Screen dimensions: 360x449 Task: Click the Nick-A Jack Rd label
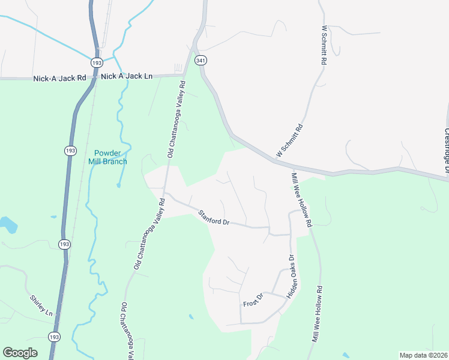click(x=59, y=78)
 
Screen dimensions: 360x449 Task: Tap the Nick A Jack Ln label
click(x=127, y=76)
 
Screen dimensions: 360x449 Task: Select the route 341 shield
click(x=201, y=60)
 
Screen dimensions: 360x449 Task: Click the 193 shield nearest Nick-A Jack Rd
click(x=97, y=62)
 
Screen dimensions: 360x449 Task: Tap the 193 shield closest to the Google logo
click(x=55, y=337)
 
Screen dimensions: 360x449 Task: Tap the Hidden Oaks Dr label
click(x=291, y=277)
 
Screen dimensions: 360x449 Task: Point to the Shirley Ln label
click(x=41, y=306)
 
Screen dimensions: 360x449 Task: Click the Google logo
click(x=20, y=353)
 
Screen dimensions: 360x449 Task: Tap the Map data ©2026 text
click(x=423, y=355)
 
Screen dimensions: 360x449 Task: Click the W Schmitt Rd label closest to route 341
click(x=289, y=138)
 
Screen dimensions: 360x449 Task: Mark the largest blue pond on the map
click(x=8, y=225)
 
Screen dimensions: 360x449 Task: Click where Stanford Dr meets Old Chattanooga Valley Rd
click(x=164, y=194)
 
